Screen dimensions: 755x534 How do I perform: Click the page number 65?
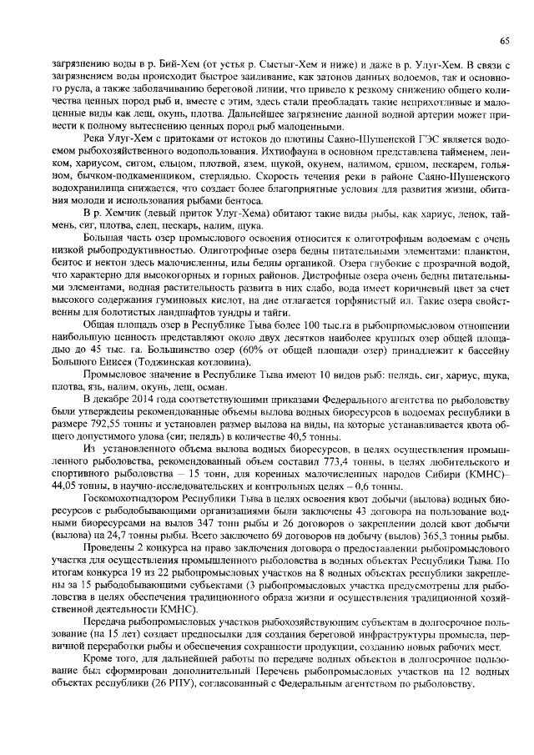tap(505, 40)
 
